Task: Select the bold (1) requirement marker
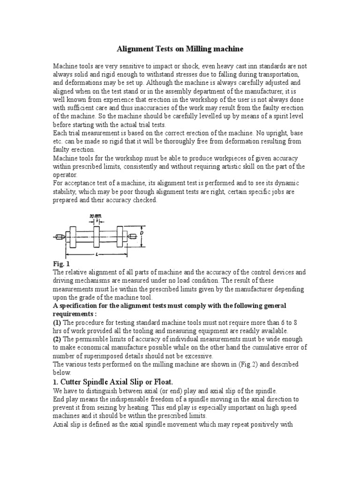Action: [x=57, y=322]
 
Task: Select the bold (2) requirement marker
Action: [x=57, y=339]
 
